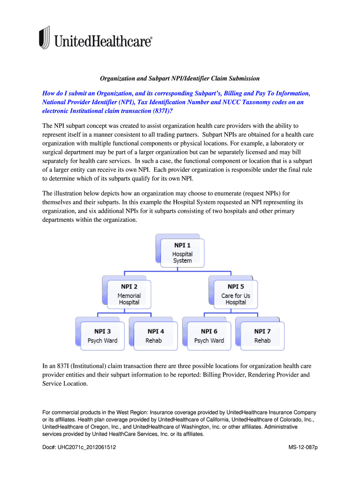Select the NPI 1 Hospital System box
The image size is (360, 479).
click(x=182, y=253)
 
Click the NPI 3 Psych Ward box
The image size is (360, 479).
click(x=102, y=336)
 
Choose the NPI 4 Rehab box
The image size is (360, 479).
click(x=154, y=336)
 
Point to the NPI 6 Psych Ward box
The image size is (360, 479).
click(x=209, y=336)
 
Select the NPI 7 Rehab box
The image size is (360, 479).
click(x=262, y=336)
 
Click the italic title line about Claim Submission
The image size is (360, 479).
click(x=180, y=78)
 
